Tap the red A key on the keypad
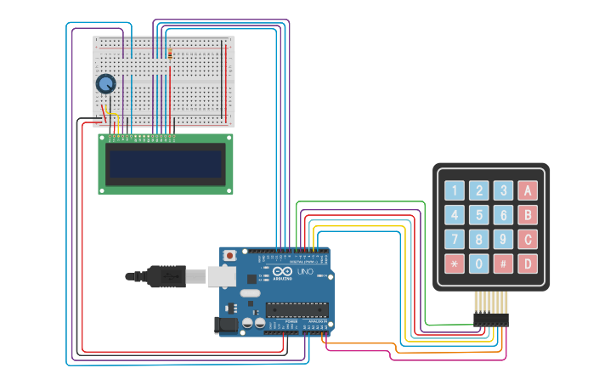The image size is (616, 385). pos(528,190)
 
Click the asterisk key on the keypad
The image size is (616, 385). pos(455,263)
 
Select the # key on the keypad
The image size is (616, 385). pos(504,263)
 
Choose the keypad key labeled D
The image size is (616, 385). pos(528,263)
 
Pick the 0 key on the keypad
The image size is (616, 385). pos(479,263)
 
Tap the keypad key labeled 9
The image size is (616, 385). pos(504,239)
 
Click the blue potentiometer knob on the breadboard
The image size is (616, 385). pos(105,83)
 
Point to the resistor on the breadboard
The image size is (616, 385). pos(170,54)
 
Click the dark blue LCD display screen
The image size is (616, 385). pos(166,164)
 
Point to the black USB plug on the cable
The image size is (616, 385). pos(167,275)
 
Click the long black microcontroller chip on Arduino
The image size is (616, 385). pos(297,309)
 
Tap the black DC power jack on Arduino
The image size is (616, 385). pos(227,324)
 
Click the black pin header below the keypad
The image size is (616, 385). pos(490,320)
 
